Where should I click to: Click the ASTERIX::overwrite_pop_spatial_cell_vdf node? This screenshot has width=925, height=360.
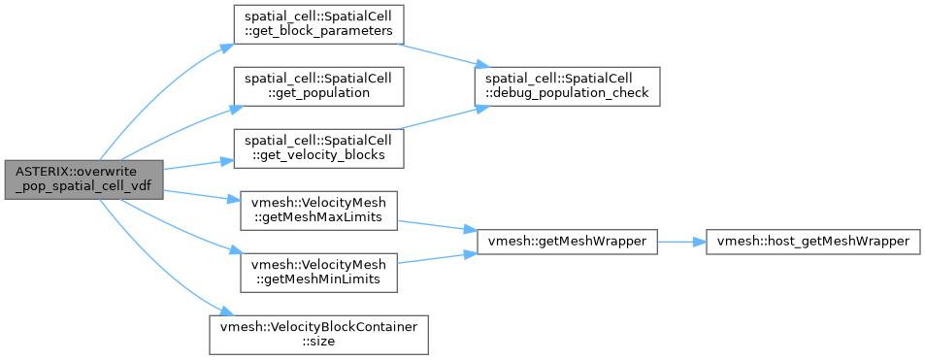(83, 180)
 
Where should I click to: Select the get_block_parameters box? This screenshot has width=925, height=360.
(318, 24)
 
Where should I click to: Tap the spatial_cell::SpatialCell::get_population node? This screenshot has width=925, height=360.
(318, 86)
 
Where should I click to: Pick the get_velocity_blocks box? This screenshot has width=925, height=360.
(318, 148)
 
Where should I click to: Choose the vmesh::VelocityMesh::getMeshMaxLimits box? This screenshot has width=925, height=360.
(318, 211)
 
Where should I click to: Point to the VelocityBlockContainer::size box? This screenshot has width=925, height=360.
(318, 335)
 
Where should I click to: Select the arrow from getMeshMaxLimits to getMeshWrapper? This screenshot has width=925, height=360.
(437, 226)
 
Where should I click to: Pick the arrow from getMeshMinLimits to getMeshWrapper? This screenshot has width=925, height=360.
(437, 258)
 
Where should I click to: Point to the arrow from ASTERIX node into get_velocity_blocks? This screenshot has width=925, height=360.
(198, 165)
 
